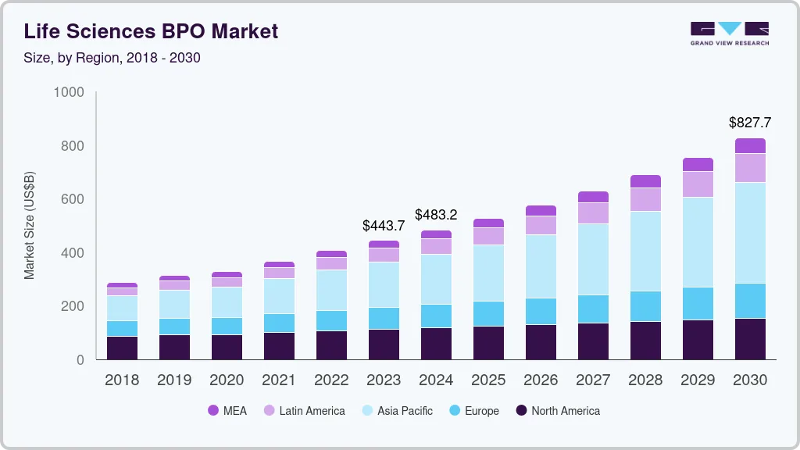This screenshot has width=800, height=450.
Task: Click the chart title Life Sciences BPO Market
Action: pyautogui.click(x=151, y=32)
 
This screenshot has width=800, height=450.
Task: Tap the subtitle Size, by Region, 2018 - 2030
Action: pyautogui.click(x=112, y=58)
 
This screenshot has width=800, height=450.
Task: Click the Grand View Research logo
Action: pyautogui.click(x=729, y=33)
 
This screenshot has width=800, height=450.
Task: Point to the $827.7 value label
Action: pyautogui.click(x=749, y=123)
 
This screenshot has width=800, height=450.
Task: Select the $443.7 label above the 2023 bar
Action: pyautogui.click(x=384, y=226)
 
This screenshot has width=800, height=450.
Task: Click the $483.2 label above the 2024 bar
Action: pyautogui.click(x=436, y=215)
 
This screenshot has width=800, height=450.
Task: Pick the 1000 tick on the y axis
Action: pyautogui.click(x=68, y=93)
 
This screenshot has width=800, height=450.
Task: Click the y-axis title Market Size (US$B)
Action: pyautogui.click(x=30, y=226)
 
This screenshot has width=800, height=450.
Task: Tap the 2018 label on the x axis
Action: pyautogui.click(x=122, y=380)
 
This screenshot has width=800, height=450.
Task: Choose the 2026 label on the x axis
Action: pyautogui.click(x=541, y=380)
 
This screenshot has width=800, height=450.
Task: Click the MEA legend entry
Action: pyautogui.click(x=227, y=411)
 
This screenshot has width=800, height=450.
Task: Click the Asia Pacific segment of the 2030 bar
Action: pyautogui.click(x=750, y=233)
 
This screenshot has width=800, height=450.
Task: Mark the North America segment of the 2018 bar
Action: pyautogui.click(x=122, y=348)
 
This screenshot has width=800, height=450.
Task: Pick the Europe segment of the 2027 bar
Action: pyautogui.click(x=593, y=309)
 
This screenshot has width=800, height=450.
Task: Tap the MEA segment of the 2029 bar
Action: pyautogui.click(x=698, y=164)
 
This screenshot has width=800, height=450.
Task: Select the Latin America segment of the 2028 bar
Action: pyautogui.click(x=645, y=199)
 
